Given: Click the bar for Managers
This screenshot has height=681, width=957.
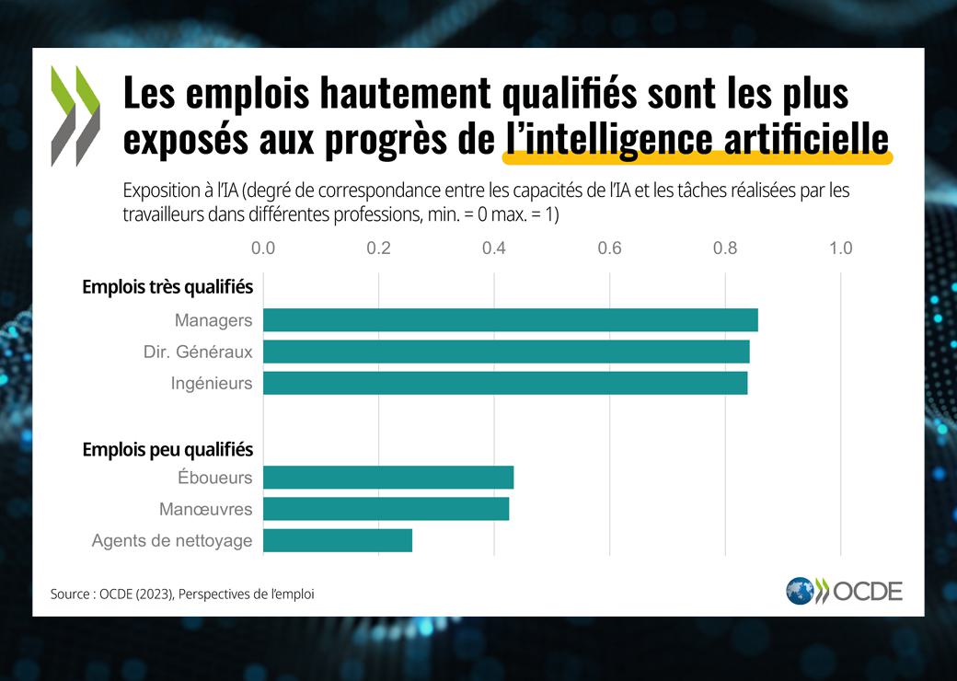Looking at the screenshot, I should point(510,320).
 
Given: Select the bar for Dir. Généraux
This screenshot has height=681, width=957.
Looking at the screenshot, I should point(506,352).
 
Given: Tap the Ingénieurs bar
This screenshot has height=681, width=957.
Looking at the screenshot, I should point(505,383).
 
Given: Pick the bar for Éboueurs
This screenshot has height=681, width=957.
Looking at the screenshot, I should point(387,478).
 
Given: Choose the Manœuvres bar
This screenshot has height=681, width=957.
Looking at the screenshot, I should point(386,509).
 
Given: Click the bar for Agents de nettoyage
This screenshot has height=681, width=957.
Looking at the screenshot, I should point(337,540).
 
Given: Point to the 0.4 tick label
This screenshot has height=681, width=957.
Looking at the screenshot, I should point(494,248).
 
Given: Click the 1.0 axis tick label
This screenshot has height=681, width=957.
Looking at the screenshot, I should point(840,248).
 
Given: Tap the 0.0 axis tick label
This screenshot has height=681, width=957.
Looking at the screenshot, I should point(263,248).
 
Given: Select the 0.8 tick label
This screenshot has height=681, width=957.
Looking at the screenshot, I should point(725,248).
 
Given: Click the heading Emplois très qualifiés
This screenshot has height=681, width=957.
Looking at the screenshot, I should point(167,287).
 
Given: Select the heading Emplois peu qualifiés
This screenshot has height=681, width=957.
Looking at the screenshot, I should point(167,449).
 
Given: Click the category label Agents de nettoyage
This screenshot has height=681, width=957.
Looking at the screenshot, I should point(172,541).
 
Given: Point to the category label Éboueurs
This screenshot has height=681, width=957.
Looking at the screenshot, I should point(214,478).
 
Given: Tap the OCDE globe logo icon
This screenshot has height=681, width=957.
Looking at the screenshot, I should point(799,591).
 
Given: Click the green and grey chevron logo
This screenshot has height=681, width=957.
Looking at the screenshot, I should point(75,115).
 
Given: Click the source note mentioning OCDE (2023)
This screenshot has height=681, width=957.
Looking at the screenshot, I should point(182,594).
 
